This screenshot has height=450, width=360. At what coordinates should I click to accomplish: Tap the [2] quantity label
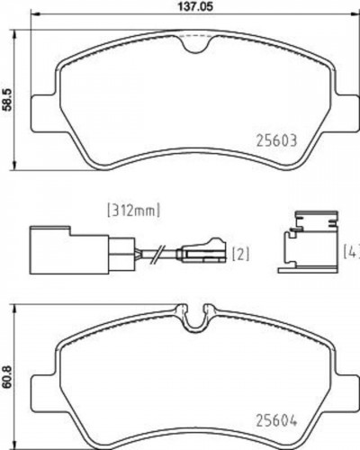pyautogui.click(x=240, y=255)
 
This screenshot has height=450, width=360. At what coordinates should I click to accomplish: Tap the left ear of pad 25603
pyautogui.click(x=43, y=115)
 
